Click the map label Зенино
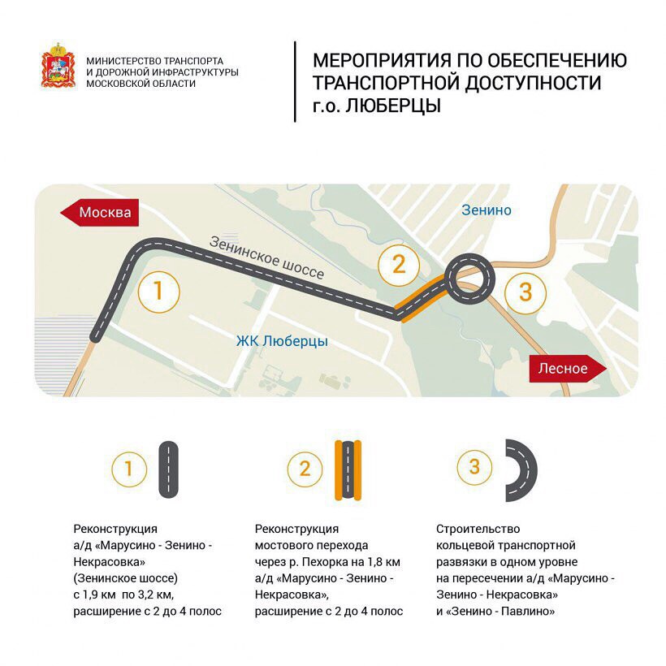[x=487, y=210]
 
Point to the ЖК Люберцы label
[x=282, y=342]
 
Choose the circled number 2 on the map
[x=398, y=264]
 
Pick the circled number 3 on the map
[x=525, y=292]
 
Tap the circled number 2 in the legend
[x=305, y=469]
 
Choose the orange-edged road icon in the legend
[x=346, y=469]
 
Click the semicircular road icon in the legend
[x=521, y=469]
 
